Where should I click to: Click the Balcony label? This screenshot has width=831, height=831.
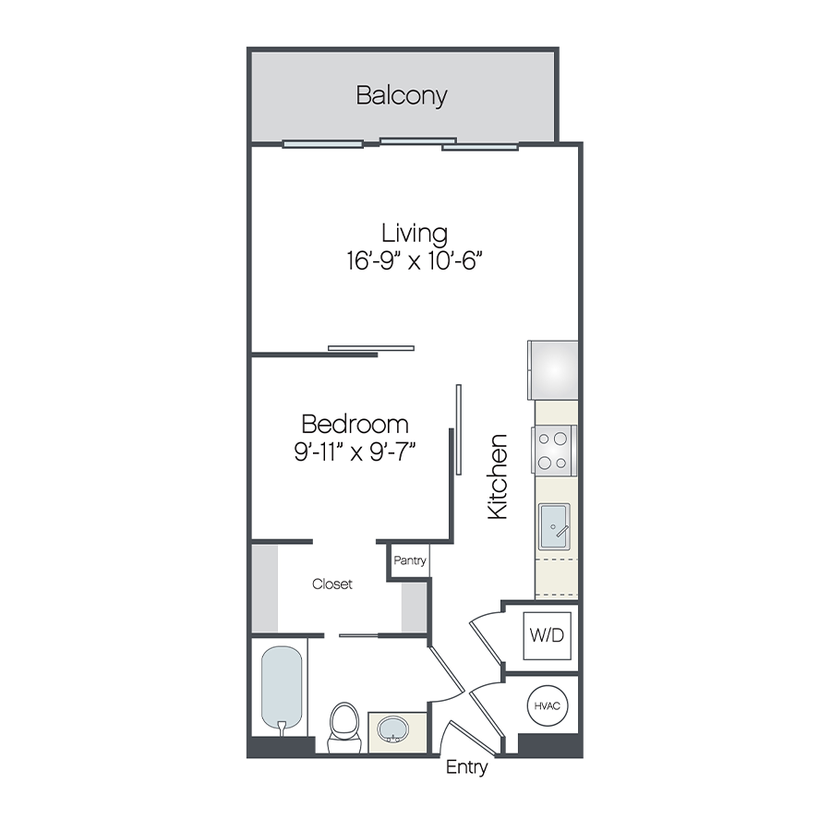[402, 95]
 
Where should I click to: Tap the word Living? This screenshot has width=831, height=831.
[415, 233]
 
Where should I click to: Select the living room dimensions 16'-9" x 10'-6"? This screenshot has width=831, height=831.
[415, 261]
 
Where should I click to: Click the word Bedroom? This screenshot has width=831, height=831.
[355, 424]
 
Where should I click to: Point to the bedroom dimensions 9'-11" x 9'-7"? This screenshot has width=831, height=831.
[355, 452]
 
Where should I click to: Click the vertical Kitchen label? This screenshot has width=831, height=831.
[498, 476]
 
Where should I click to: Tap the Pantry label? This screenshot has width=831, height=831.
[409, 560]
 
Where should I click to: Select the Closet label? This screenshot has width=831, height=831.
[332, 584]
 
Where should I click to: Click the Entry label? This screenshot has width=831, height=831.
[466, 767]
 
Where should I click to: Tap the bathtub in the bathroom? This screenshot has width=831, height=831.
[282, 688]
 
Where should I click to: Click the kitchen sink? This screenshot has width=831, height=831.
[554, 527]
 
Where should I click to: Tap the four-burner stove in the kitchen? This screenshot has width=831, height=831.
[554, 451]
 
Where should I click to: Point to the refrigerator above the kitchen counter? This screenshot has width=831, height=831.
[552, 369]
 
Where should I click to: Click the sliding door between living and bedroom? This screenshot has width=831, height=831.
[371, 348]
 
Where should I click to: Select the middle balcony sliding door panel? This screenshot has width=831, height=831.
[417, 141]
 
